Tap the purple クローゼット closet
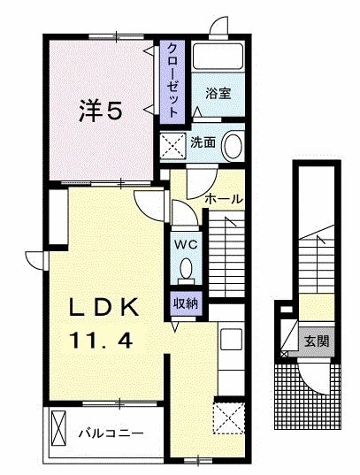[x=172, y=80]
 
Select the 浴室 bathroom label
[x=218, y=93]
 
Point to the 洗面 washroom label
[x=203, y=142]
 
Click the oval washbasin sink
[x=234, y=143]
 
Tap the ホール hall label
[x=223, y=199]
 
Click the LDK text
[x=104, y=309]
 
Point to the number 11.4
[x=104, y=338]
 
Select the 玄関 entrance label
[x=317, y=340]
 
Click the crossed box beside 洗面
[x=172, y=143]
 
